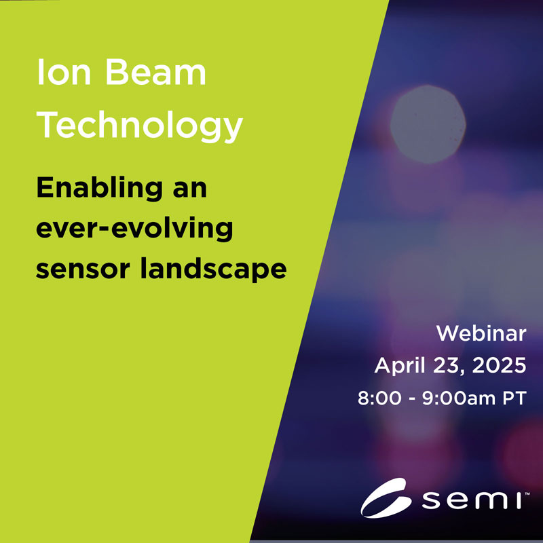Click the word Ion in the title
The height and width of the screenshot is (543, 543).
(64, 72)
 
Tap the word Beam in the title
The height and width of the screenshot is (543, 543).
(155, 72)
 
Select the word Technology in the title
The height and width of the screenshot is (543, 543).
(140, 126)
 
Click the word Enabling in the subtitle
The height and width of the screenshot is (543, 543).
(99, 189)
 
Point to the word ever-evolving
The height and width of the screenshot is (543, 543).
(134, 228)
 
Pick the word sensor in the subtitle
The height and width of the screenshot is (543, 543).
(83, 269)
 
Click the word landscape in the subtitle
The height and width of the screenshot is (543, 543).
(213, 269)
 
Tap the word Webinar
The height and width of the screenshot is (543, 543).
(481, 333)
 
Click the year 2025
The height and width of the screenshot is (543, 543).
(500, 365)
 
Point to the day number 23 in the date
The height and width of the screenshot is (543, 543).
(447, 365)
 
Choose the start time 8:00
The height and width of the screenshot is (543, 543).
(379, 398)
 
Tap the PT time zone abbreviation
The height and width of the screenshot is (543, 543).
(514, 398)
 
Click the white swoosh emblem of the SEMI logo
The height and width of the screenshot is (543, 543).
(385, 499)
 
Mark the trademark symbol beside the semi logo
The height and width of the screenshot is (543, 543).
(527, 493)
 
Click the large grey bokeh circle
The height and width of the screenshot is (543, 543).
(428, 124)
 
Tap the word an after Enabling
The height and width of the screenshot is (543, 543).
(190, 191)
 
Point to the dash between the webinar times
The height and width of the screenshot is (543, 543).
(412, 399)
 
